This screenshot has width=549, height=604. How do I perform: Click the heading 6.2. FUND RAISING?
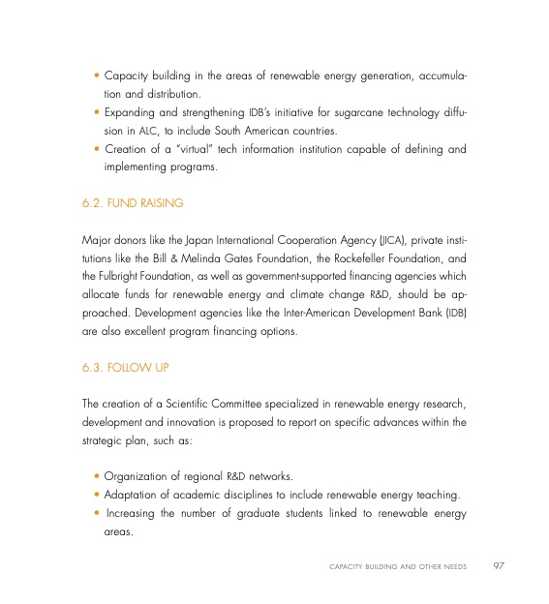pos(133,204)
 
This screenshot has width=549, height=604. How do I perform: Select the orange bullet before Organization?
pos(98,477)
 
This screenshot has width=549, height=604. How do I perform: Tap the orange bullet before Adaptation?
pos(98,497)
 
